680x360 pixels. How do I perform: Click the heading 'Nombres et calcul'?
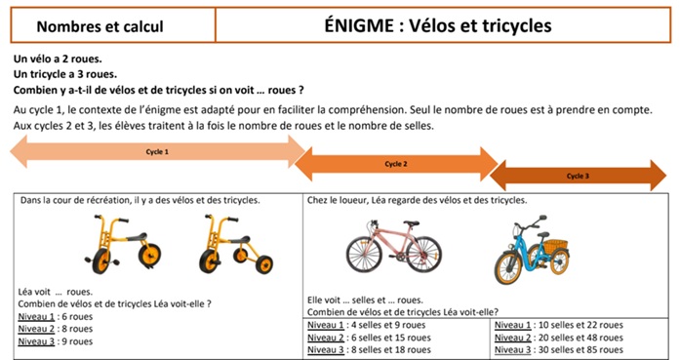pos(100,26)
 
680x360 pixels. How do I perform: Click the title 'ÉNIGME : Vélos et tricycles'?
pos(438,25)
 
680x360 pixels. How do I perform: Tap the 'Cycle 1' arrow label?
pos(157,152)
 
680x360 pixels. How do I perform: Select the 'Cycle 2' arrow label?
pos(396,164)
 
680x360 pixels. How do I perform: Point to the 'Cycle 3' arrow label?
pos(578,176)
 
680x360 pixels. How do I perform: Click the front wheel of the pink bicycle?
pos(364,255)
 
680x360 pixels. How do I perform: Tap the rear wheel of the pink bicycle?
pos(423,255)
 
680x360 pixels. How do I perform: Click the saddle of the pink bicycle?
pos(411,223)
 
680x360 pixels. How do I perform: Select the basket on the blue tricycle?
pos(555,247)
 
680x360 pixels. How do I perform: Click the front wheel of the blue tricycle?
pos(508,268)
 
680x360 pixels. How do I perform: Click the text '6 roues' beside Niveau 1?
pos(77,317)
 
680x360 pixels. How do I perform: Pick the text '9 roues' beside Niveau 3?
pos(77,341)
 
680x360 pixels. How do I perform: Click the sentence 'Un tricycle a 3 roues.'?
pos(65,74)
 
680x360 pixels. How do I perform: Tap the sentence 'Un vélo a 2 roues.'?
pos(58,59)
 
